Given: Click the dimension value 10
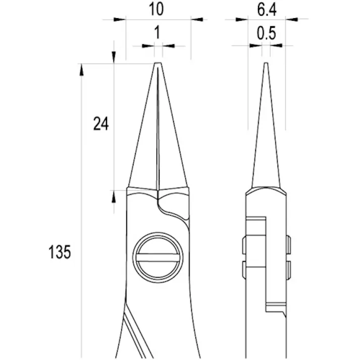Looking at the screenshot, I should pos(157,9).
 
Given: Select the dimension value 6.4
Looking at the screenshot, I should pos(267,9).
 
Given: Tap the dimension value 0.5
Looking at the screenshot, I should pos(266,34).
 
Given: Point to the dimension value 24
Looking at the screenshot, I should pos(101,123).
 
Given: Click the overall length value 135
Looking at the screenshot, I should pos(60,252).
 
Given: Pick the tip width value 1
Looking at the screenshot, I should pos(157,33).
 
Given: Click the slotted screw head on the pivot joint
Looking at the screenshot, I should pos(157,257).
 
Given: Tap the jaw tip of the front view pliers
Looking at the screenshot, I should pos(158,64).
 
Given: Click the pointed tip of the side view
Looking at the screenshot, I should pos(266,65).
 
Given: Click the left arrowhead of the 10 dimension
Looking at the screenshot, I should pos(120,20).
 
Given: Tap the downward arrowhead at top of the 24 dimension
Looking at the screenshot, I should pos(114,57).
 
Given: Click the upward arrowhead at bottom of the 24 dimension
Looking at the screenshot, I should pos(114,197).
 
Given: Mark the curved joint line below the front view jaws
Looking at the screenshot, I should pos(172,210).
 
